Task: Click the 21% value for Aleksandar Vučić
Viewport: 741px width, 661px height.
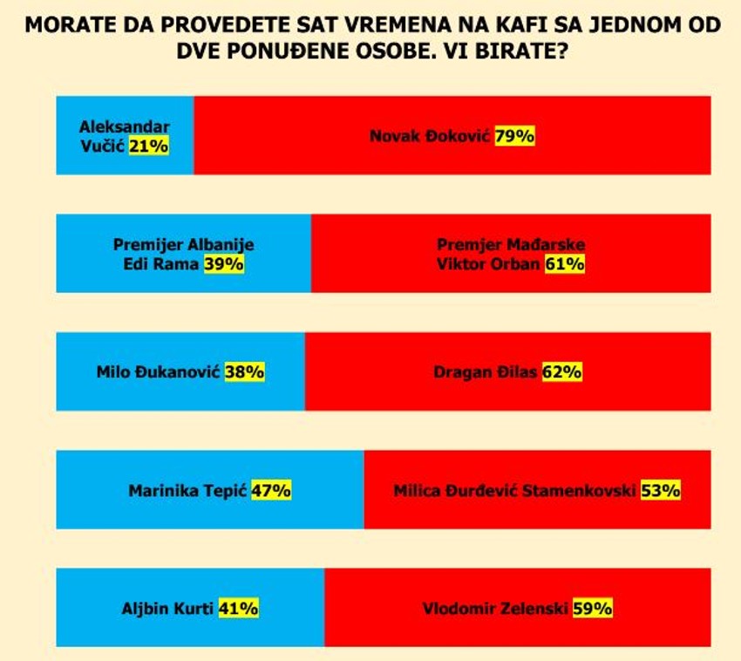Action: [x=148, y=147]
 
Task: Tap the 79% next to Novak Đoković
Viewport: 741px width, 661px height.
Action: [x=514, y=136]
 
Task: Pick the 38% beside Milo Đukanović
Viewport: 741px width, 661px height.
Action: [x=244, y=371]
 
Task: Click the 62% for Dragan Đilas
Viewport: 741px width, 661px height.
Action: [x=561, y=371]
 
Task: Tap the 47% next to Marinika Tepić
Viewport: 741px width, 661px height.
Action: [x=270, y=490]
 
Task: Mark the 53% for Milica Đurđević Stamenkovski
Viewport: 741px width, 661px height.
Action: [x=660, y=490]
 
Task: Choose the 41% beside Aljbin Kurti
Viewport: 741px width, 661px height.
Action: [x=238, y=609]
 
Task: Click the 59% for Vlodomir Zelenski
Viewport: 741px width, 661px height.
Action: [x=592, y=609]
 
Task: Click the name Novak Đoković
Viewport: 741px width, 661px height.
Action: [x=431, y=136]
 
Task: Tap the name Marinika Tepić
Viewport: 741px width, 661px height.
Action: [x=188, y=490]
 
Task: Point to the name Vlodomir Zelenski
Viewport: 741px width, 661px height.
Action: [x=495, y=609]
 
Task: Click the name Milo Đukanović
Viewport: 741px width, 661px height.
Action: [x=160, y=371]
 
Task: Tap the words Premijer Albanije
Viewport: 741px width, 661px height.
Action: [x=184, y=245]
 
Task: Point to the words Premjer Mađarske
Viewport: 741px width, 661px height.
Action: [x=511, y=245]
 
